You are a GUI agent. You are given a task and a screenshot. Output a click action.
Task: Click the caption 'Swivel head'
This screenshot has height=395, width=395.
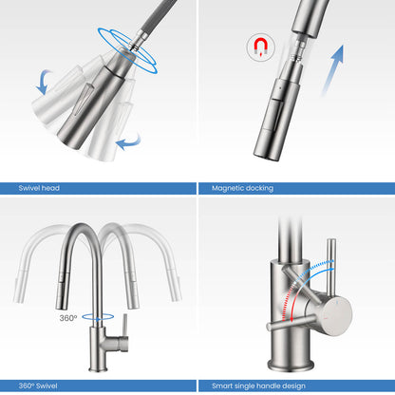[x=38, y=188]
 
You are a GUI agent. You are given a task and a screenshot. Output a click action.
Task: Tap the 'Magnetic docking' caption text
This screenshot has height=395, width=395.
[x=242, y=188]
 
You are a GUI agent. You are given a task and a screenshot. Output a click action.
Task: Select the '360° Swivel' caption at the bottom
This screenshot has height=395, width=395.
[x=41, y=385]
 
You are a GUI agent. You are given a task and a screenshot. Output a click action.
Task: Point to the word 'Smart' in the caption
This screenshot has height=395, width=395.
[x=222, y=385]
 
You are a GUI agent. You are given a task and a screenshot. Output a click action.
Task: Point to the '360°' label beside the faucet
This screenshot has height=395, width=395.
[x=67, y=318]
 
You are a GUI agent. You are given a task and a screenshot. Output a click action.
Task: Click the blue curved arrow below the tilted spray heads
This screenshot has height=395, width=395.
[x=128, y=142]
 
